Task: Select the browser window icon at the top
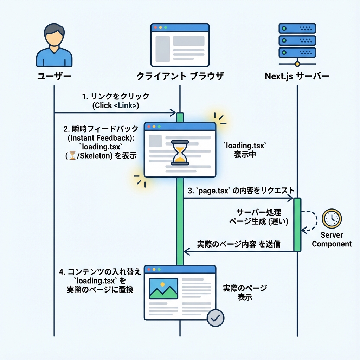180,45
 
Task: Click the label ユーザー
54,76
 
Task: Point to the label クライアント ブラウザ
180,76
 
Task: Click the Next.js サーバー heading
297,76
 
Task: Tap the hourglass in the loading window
179,153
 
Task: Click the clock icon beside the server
332,218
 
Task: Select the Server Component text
332,239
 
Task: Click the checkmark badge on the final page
215,318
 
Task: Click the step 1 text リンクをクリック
116,96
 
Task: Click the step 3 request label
241,191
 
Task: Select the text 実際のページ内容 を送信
239,244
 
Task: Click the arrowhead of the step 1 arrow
173,112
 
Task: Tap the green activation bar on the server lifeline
297,225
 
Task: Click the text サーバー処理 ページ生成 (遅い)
259,217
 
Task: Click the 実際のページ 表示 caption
245,292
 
